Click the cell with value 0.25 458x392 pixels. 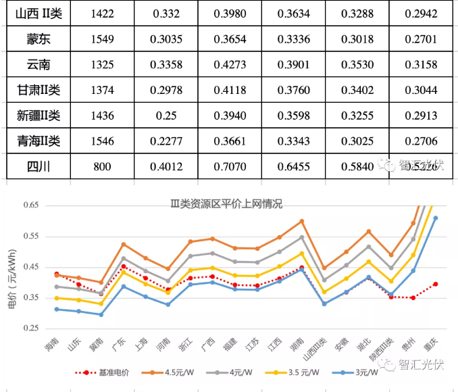click(166, 116)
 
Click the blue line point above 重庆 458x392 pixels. click(435, 218)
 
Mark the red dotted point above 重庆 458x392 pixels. click(435, 284)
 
